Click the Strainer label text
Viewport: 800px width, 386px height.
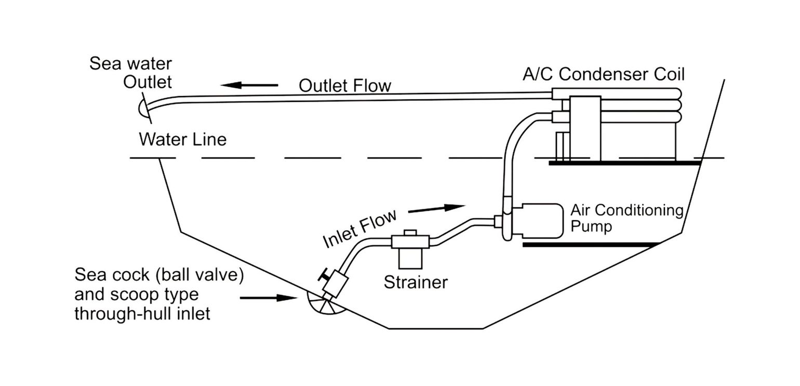click(x=416, y=282)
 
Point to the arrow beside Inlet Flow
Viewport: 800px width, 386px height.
click(x=436, y=208)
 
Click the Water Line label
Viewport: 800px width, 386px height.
click(x=182, y=139)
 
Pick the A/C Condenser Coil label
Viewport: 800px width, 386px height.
click(x=604, y=74)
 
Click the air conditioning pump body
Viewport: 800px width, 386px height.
click(x=538, y=220)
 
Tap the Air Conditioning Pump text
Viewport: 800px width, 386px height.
click(x=626, y=218)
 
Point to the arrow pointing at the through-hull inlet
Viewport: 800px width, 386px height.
click(x=268, y=298)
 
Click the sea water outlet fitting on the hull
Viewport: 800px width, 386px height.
click(x=142, y=108)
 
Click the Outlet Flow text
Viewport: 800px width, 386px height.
click(x=344, y=85)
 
